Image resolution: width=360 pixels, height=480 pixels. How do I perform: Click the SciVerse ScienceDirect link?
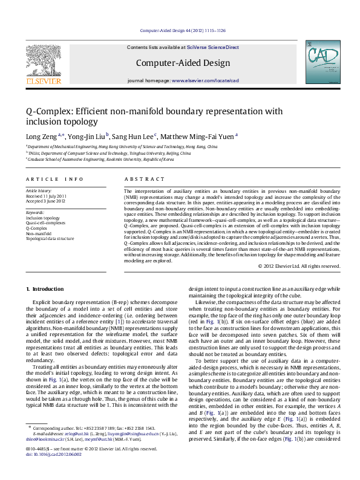(x=213, y=47)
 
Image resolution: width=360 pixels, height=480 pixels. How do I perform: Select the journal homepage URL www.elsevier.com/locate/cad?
(x=205, y=80)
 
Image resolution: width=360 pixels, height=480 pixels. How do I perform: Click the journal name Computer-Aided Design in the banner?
(x=183, y=63)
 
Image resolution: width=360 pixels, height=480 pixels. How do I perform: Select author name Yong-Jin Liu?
(x=86, y=137)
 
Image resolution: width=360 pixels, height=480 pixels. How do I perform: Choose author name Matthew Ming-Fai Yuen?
(x=198, y=137)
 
